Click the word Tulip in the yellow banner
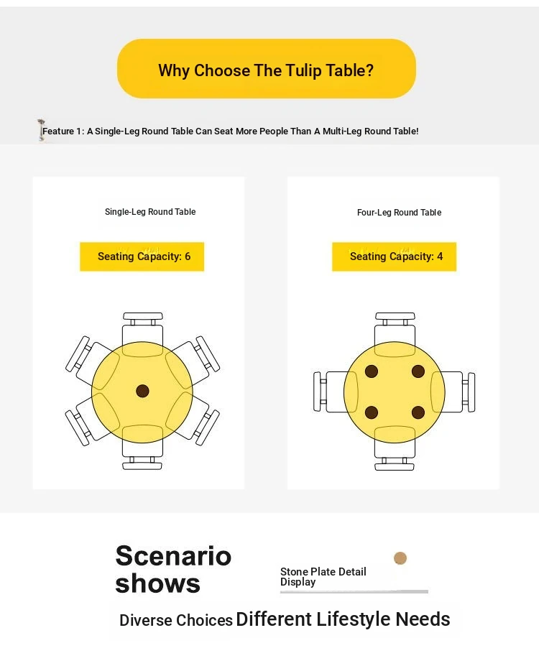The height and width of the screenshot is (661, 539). (304, 71)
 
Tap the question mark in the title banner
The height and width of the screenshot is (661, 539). (369, 70)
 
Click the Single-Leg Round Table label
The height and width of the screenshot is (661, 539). (150, 212)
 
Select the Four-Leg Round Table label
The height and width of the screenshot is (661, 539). (399, 213)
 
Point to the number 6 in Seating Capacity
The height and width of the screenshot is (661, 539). (188, 256)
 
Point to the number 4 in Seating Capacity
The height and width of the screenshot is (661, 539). (440, 256)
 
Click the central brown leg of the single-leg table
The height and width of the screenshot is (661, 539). (142, 391)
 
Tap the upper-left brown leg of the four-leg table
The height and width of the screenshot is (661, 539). (371, 371)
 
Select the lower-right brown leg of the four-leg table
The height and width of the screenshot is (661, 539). (418, 412)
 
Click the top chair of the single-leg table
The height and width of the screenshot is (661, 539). (142, 334)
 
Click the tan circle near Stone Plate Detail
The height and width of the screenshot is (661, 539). (400, 558)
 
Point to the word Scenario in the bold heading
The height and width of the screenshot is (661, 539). (173, 555)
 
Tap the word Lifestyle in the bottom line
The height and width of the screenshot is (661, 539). (354, 619)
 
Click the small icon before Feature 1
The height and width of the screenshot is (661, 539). (41, 130)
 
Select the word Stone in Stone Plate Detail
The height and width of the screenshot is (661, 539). (294, 572)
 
